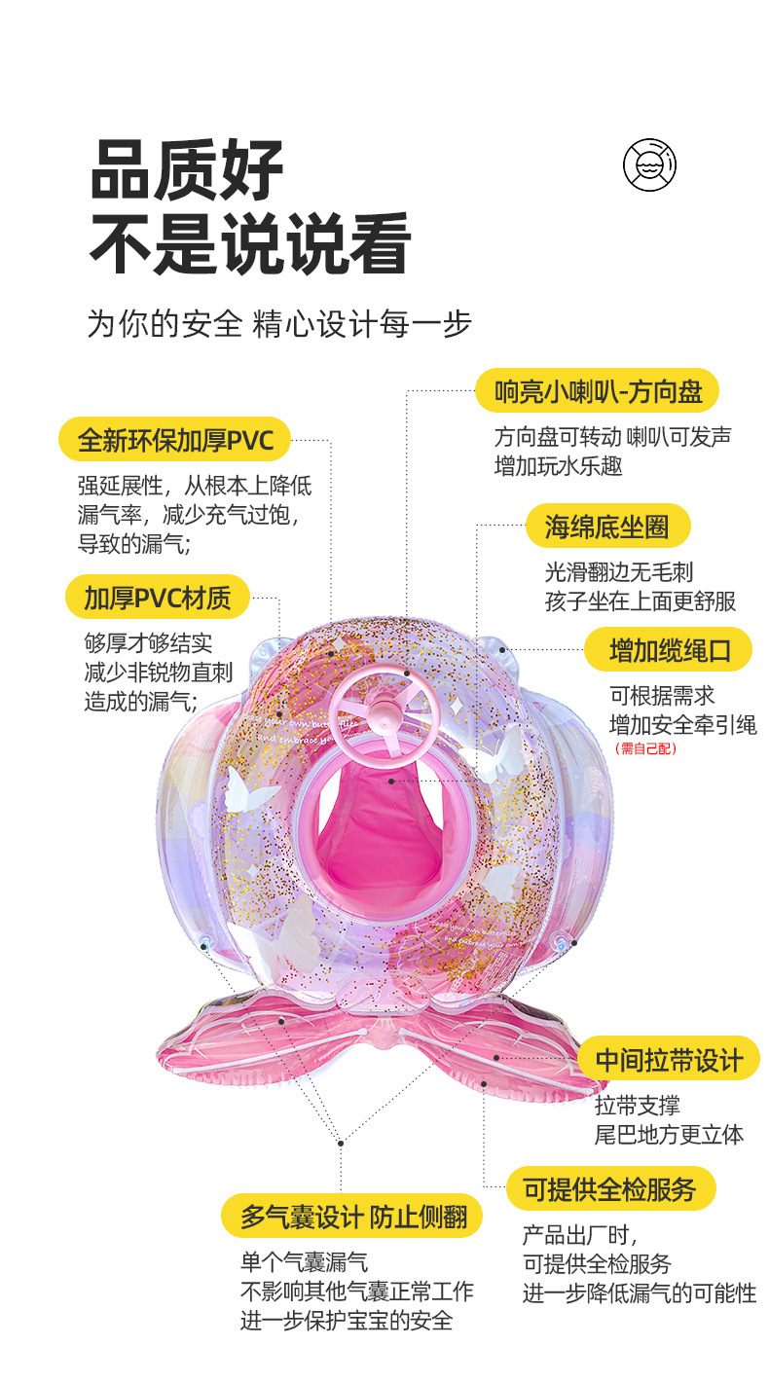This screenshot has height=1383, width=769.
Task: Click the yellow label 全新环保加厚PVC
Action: (x=175, y=440)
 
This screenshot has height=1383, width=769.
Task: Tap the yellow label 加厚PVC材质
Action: (x=157, y=598)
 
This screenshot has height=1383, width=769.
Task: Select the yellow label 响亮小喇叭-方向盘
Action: (x=597, y=391)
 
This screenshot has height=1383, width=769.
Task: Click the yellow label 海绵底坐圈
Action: (x=607, y=527)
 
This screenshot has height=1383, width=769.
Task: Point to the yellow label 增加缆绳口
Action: (x=668, y=650)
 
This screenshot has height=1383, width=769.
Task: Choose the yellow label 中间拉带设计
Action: (x=668, y=1059)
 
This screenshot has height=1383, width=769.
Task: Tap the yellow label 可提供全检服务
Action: (x=610, y=1188)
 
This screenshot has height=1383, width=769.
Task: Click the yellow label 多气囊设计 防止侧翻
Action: (x=352, y=1216)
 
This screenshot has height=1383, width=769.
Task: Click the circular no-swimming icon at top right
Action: (x=649, y=164)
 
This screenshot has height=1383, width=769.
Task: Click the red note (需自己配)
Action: (x=644, y=748)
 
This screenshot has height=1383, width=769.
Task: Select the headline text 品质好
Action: (x=188, y=171)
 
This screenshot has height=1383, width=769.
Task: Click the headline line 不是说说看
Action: (x=250, y=244)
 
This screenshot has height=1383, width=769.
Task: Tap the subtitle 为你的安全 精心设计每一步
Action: (x=279, y=324)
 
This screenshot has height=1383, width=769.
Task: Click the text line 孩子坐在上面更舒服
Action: (x=640, y=601)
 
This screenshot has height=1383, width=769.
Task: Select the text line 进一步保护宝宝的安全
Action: (x=347, y=1321)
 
